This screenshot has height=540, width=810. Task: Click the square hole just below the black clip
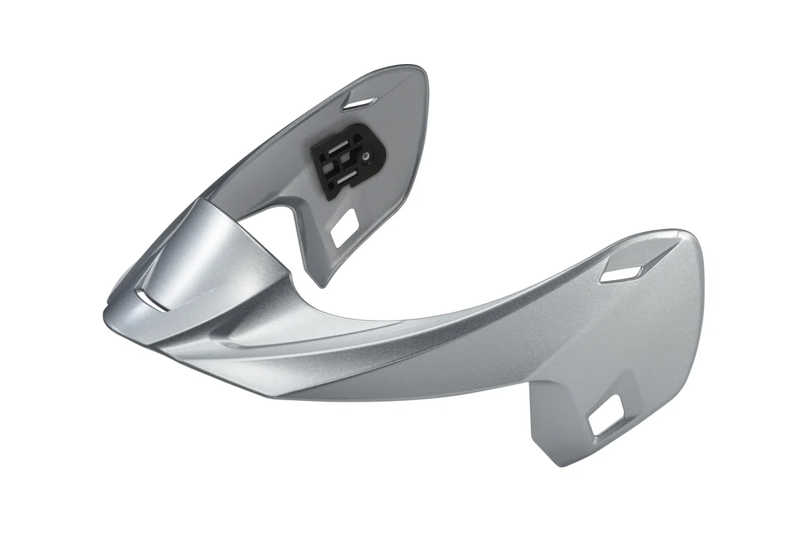pyautogui.click(x=345, y=223)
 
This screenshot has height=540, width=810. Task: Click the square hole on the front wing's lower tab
pyautogui.click(x=606, y=414)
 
